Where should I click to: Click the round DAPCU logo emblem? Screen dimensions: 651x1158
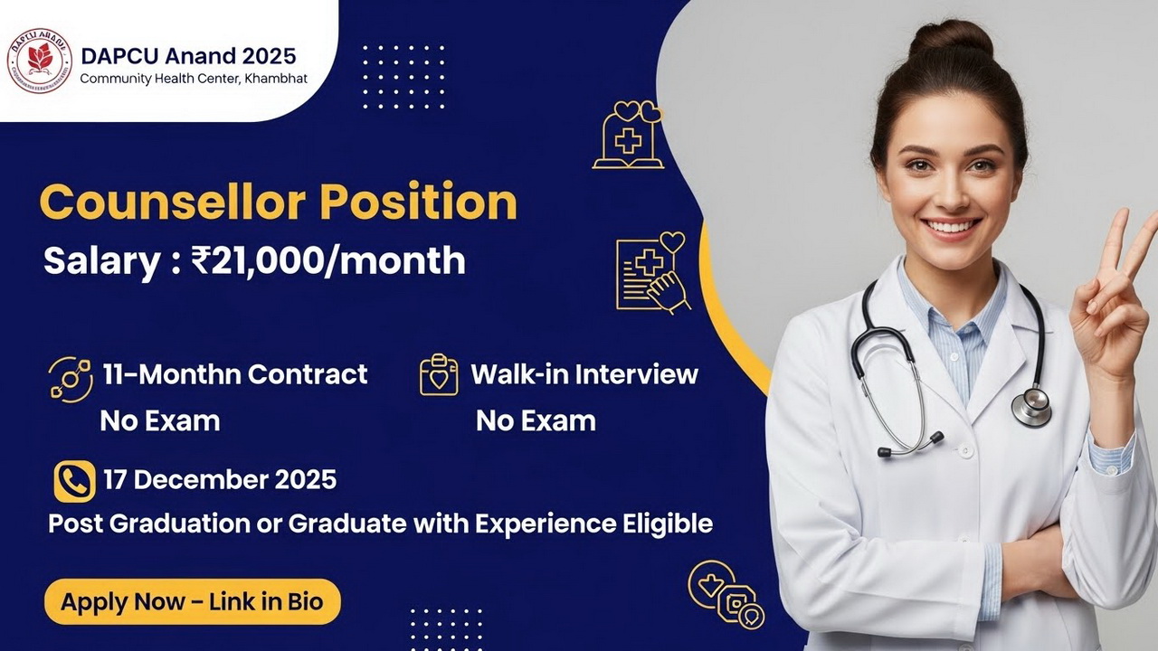(39, 61)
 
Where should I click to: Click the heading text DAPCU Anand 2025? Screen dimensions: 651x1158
(188, 55)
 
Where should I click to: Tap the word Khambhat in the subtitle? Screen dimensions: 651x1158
(276, 79)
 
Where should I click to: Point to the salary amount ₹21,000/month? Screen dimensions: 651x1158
(328, 260)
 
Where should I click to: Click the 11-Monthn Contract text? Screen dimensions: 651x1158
(234, 373)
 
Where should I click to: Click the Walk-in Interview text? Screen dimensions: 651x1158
(584, 373)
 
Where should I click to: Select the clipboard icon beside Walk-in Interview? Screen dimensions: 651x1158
(439, 374)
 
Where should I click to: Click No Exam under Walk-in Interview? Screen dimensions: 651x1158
(536, 420)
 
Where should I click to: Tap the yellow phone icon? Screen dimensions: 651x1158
(74, 481)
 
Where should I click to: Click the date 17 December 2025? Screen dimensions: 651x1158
(220, 479)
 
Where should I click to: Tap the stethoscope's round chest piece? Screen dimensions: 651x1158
(1031, 405)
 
